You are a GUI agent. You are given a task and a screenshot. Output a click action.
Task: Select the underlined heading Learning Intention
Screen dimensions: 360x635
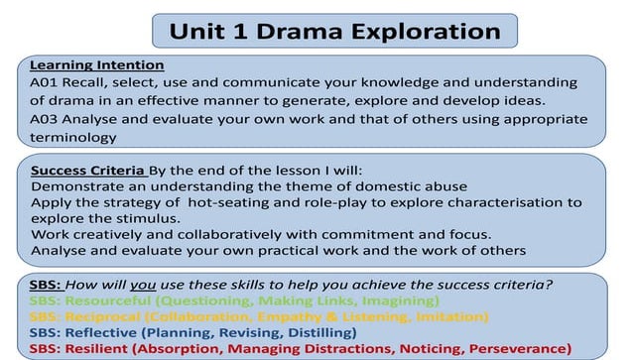(x=88, y=64)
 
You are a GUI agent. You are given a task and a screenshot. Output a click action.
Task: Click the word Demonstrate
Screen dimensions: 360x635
(x=76, y=185)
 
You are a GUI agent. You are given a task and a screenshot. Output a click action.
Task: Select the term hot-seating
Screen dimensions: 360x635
(x=229, y=202)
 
